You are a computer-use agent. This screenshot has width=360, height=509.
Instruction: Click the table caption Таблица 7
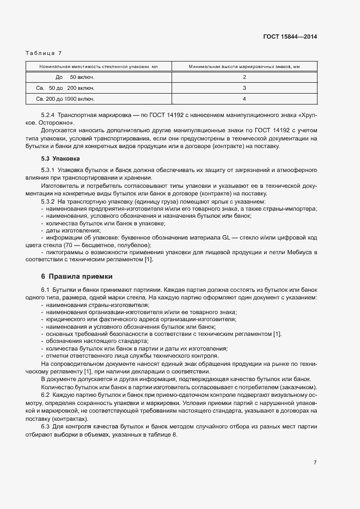[x=44, y=53]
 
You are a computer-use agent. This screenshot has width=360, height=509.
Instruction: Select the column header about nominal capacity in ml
[x=99, y=67]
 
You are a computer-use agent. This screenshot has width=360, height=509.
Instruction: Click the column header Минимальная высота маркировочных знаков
[x=245, y=67]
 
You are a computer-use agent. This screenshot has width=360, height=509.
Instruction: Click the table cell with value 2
[x=245, y=77]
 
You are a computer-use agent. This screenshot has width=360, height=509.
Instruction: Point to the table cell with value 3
[x=245, y=88]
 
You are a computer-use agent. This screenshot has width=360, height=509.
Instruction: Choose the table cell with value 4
[x=245, y=99]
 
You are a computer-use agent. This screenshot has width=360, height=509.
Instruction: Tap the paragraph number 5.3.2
[x=48, y=202]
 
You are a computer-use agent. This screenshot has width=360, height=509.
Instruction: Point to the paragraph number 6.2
[x=45, y=394]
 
